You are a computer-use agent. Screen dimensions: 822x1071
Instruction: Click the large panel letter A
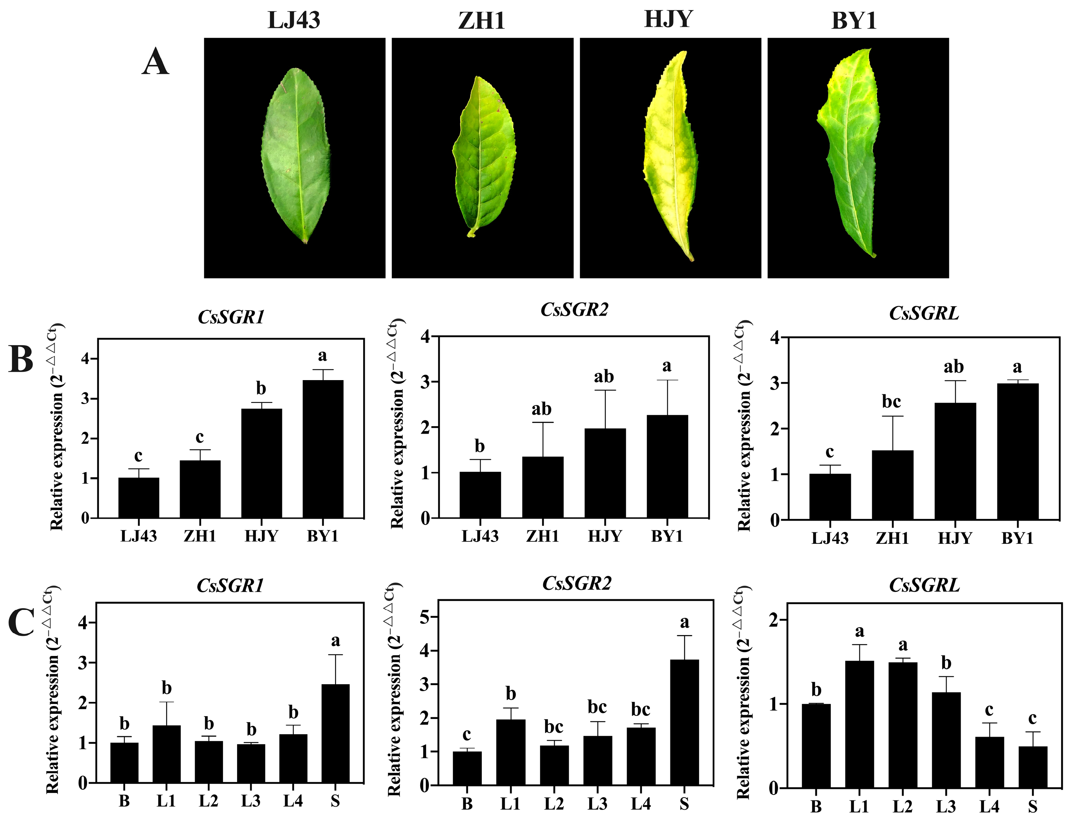155,64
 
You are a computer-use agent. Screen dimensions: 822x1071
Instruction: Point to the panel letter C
21,623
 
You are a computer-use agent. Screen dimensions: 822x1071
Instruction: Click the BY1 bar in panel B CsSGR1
323,449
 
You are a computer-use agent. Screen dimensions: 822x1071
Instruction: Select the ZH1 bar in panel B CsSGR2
543,487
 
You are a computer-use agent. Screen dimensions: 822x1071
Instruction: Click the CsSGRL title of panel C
924,585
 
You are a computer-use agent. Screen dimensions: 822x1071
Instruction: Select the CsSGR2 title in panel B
574,310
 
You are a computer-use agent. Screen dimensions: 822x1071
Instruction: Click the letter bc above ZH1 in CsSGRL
891,402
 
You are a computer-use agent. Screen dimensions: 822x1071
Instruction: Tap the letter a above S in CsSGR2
684,623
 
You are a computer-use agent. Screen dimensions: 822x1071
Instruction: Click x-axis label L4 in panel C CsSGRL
989,806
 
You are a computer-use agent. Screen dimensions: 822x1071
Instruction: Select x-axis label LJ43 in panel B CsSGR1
139,537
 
